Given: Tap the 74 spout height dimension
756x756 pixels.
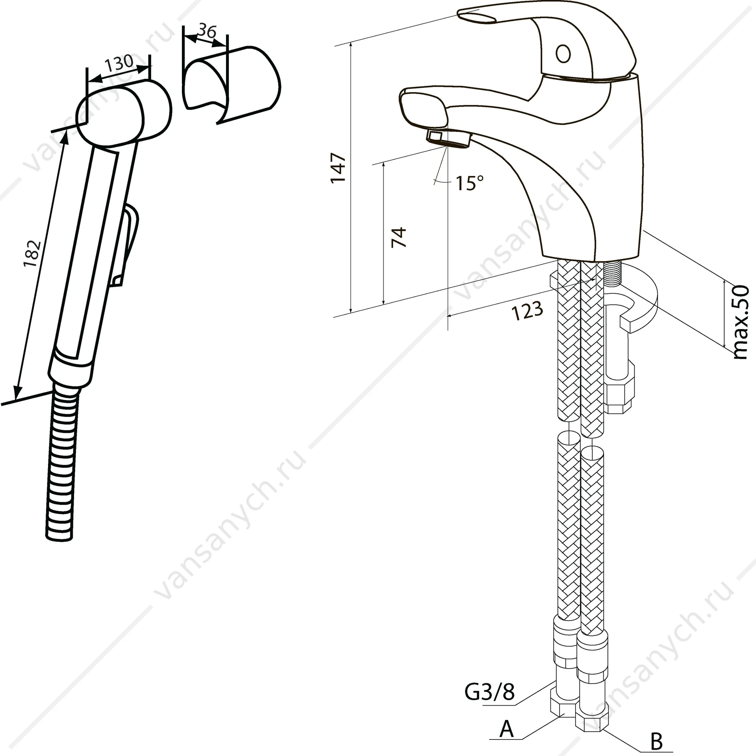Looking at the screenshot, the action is point(399,237).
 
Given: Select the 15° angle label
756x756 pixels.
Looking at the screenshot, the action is point(470,183).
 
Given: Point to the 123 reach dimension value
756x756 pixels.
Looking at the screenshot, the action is point(528,311).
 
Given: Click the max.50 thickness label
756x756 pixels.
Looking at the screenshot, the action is point(741,322).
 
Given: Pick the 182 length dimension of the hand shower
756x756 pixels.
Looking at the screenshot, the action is point(32,253).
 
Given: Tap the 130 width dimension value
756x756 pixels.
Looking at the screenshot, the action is point(119,63).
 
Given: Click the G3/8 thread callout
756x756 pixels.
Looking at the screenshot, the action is point(489,703).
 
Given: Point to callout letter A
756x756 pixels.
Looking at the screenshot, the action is point(506,729).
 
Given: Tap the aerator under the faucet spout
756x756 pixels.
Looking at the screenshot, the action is point(449,139).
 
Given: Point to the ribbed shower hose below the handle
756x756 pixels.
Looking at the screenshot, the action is point(63,461).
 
